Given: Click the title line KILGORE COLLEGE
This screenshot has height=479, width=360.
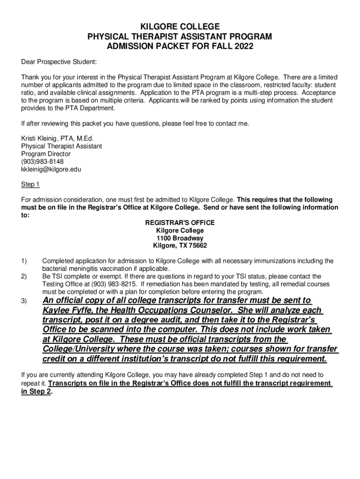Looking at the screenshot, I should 180,27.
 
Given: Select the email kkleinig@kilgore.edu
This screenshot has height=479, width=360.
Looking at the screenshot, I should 51,169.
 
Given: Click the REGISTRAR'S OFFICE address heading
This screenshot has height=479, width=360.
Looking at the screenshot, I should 180,223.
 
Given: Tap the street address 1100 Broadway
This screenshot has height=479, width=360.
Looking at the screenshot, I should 180,238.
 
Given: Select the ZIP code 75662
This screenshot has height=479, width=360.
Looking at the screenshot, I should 197,246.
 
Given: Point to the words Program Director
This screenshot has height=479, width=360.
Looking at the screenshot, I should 46,154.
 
